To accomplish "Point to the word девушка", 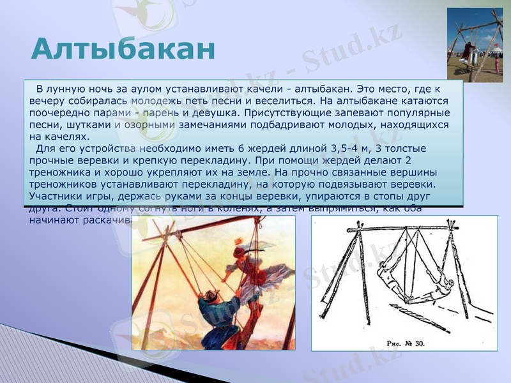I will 210,113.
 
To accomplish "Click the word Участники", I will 57,196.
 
